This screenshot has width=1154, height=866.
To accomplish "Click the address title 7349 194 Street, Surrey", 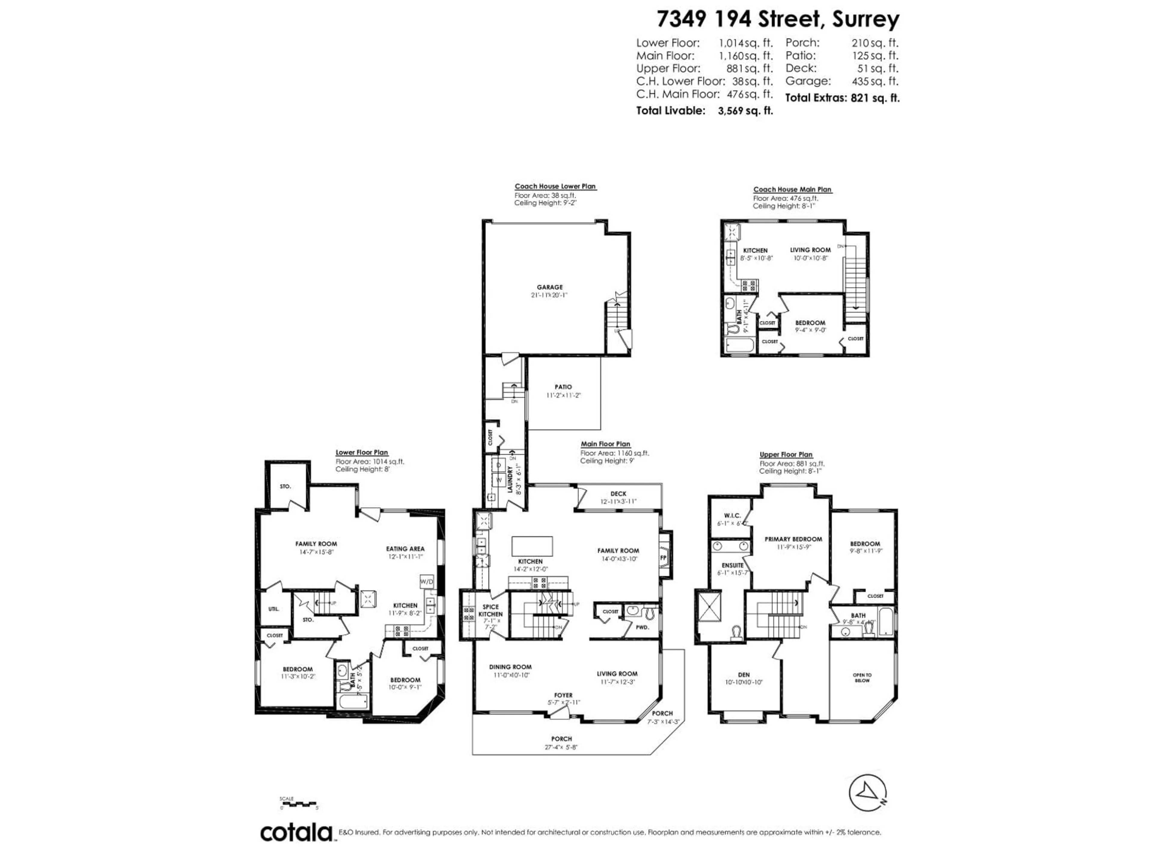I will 777,19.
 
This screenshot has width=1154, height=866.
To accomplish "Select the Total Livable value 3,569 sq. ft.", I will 745,111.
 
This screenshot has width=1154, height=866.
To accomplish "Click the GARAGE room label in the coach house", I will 550,287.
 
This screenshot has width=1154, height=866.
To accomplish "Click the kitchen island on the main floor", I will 532,546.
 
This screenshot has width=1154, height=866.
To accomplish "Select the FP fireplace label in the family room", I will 664,557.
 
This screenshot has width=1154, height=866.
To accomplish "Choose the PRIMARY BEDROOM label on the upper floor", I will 793,539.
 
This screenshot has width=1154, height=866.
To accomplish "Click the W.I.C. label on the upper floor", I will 732,515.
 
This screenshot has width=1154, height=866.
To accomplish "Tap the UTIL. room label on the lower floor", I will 273,609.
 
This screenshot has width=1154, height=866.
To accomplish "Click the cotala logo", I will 296,833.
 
